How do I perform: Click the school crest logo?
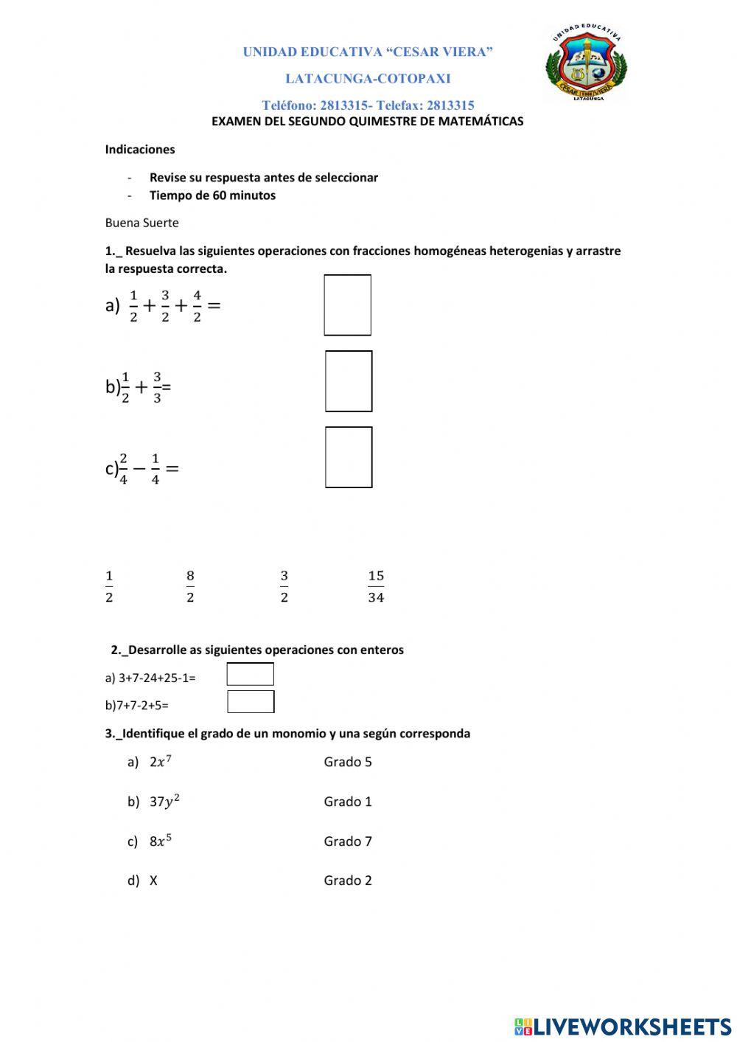pyautogui.click(x=586, y=63)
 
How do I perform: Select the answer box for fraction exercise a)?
pyautogui.click(x=347, y=305)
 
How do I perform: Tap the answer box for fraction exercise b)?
pyautogui.click(x=349, y=381)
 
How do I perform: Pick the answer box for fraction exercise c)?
pyautogui.click(x=349, y=457)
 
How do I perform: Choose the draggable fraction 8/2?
pyautogui.click(x=190, y=586)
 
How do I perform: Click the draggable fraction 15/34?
pyautogui.click(x=376, y=586)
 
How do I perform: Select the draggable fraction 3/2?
pyautogui.click(x=284, y=586)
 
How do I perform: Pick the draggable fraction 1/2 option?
pyautogui.click(x=109, y=586)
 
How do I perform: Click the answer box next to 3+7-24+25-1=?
pyautogui.click(x=250, y=674)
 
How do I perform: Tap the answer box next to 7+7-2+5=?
pyautogui.click(x=251, y=702)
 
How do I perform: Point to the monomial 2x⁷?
pyautogui.click(x=160, y=762)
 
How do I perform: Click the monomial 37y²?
pyautogui.click(x=164, y=802)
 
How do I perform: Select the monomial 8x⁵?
pyautogui.click(x=161, y=841)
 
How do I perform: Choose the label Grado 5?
pyautogui.click(x=348, y=762)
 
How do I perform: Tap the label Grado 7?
pyautogui.click(x=348, y=841)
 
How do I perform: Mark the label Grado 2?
pyautogui.click(x=348, y=881)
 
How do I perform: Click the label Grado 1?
pyautogui.click(x=348, y=802)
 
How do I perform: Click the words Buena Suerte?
pyautogui.click(x=142, y=223)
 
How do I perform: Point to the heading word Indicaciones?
pyautogui.click(x=140, y=150)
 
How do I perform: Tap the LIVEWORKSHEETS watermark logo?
pyautogui.click(x=623, y=1027)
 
